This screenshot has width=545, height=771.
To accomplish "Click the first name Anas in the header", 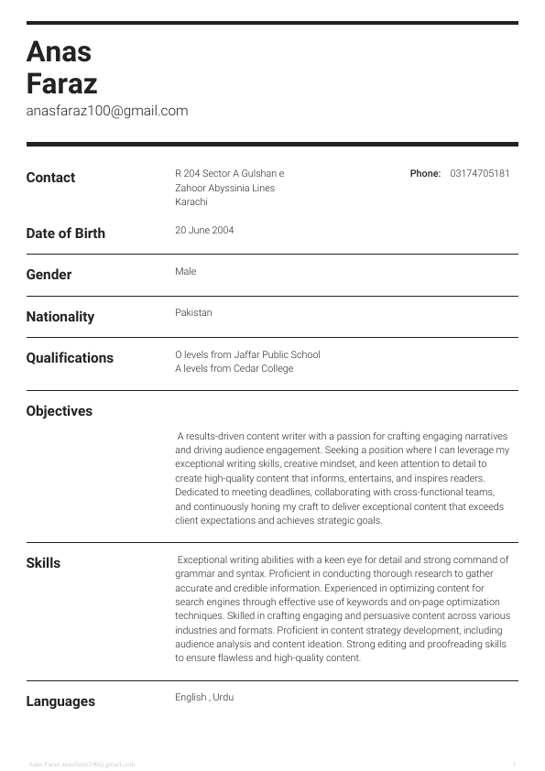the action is pyautogui.click(x=60, y=51).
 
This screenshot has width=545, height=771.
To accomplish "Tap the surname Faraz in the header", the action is pyautogui.click(x=62, y=84).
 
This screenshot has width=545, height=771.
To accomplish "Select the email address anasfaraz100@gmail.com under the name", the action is pyautogui.click(x=107, y=111).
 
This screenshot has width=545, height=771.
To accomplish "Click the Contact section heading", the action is pyautogui.click(x=50, y=178).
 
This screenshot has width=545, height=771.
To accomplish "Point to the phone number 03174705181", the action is pyautogui.click(x=480, y=173).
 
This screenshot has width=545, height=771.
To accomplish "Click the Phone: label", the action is pyautogui.click(x=425, y=173).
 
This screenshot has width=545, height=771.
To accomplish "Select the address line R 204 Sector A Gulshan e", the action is pyautogui.click(x=229, y=173).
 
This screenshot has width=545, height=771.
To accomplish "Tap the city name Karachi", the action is pyautogui.click(x=191, y=201).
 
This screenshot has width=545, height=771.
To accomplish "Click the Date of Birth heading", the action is pyautogui.click(x=65, y=233).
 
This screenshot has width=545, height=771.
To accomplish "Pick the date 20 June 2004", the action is pyautogui.click(x=204, y=231).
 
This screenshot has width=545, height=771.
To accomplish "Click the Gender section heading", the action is pyautogui.click(x=49, y=275).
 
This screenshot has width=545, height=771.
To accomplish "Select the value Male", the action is pyautogui.click(x=185, y=271).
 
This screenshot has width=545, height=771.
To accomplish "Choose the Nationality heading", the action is pyautogui.click(x=60, y=317).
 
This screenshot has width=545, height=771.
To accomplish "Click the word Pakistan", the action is pyautogui.click(x=193, y=312).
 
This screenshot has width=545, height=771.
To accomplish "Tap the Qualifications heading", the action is pyautogui.click(x=70, y=358).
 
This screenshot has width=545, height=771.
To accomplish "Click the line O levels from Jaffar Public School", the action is pyautogui.click(x=247, y=354).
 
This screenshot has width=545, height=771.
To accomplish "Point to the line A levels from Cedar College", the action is pyautogui.click(x=234, y=368).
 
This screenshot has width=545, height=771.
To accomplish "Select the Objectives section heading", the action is pyautogui.click(x=60, y=411).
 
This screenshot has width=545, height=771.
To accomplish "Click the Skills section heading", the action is pyautogui.click(x=43, y=563).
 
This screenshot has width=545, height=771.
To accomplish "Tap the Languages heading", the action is pyautogui.click(x=60, y=701).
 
